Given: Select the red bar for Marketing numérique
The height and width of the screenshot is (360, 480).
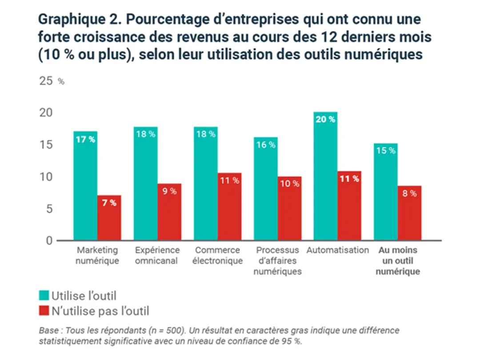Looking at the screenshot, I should [x=109, y=218].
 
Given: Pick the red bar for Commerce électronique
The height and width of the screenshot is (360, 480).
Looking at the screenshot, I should [x=229, y=207].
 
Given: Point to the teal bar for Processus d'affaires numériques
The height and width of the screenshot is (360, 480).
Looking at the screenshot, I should [x=266, y=189].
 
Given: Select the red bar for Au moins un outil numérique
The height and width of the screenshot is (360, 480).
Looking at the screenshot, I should [x=410, y=213].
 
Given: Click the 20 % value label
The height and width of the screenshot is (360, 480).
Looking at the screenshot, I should [x=326, y=119].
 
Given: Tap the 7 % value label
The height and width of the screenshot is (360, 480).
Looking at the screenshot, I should [x=109, y=203].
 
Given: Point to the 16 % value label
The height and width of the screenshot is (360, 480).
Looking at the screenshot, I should [x=266, y=144].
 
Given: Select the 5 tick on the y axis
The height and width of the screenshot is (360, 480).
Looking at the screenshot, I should [x=49, y=209].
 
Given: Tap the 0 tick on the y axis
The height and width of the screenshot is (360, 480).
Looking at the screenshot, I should [x=49, y=241].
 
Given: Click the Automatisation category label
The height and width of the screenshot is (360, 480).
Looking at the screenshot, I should [x=338, y=250].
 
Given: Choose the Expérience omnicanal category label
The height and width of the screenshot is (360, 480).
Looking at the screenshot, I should [x=157, y=255].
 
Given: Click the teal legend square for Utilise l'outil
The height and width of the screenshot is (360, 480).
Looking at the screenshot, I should [x=44, y=295].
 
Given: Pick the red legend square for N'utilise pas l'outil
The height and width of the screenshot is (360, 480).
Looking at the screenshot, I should [x=44, y=310].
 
